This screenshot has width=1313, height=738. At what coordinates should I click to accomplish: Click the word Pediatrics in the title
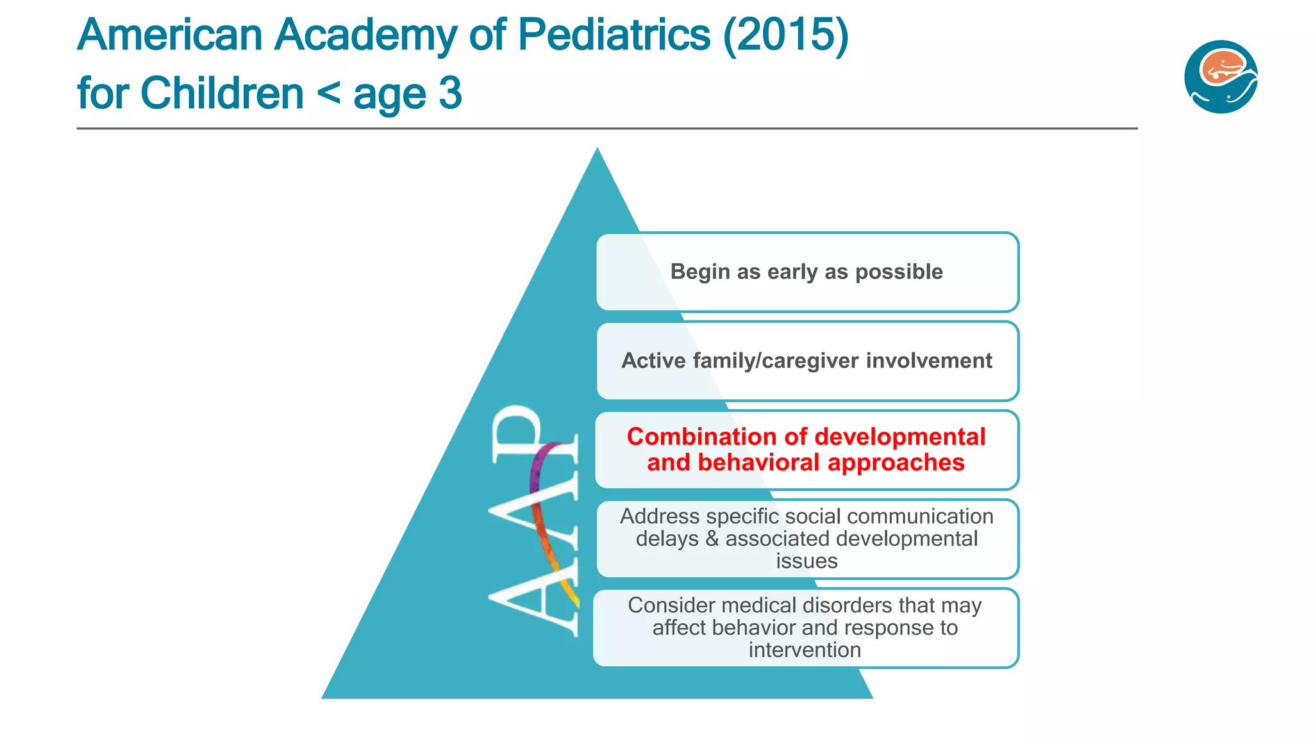[614, 35]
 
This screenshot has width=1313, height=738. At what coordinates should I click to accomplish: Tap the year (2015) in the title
[785, 35]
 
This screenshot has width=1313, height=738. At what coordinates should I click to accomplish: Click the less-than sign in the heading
[328, 94]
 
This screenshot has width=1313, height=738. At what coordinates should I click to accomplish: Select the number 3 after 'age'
[450, 94]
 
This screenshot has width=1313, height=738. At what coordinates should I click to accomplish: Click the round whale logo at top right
[1221, 77]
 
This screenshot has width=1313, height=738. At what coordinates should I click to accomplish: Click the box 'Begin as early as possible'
[807, 272]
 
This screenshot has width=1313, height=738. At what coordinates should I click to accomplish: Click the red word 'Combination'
[702, 437]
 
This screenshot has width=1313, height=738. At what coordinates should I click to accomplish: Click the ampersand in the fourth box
[712, 539]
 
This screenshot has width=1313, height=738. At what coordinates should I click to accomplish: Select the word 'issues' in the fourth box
[807, 561]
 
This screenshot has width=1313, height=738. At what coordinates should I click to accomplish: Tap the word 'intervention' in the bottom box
[805, 650]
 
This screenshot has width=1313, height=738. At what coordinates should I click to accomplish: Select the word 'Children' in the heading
[222, 94]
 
